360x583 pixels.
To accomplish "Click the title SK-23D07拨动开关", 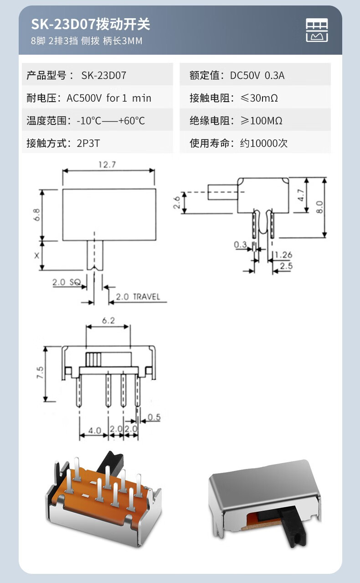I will click(90, 24).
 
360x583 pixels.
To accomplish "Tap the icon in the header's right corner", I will click(317, 31).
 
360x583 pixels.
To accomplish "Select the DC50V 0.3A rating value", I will click(257, 75).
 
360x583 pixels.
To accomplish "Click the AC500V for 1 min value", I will click(109, 98).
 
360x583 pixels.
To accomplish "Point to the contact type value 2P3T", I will click(88, 144).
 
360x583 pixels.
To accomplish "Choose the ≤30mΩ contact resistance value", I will click(259, 98).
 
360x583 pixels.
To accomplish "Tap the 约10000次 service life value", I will click(264, 144).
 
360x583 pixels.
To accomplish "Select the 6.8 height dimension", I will click(36, 215).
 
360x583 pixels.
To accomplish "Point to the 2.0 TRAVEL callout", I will click(137, 297).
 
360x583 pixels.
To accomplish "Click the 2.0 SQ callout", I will click(66, 283).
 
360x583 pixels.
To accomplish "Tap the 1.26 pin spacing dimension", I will click(283, 255).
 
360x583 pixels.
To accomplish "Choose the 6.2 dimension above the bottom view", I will click(108, 320).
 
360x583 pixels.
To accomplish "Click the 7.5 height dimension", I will click(40, 373).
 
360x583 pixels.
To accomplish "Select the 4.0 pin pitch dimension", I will click(94, 430).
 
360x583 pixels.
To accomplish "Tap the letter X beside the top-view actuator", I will click(36, 255).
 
